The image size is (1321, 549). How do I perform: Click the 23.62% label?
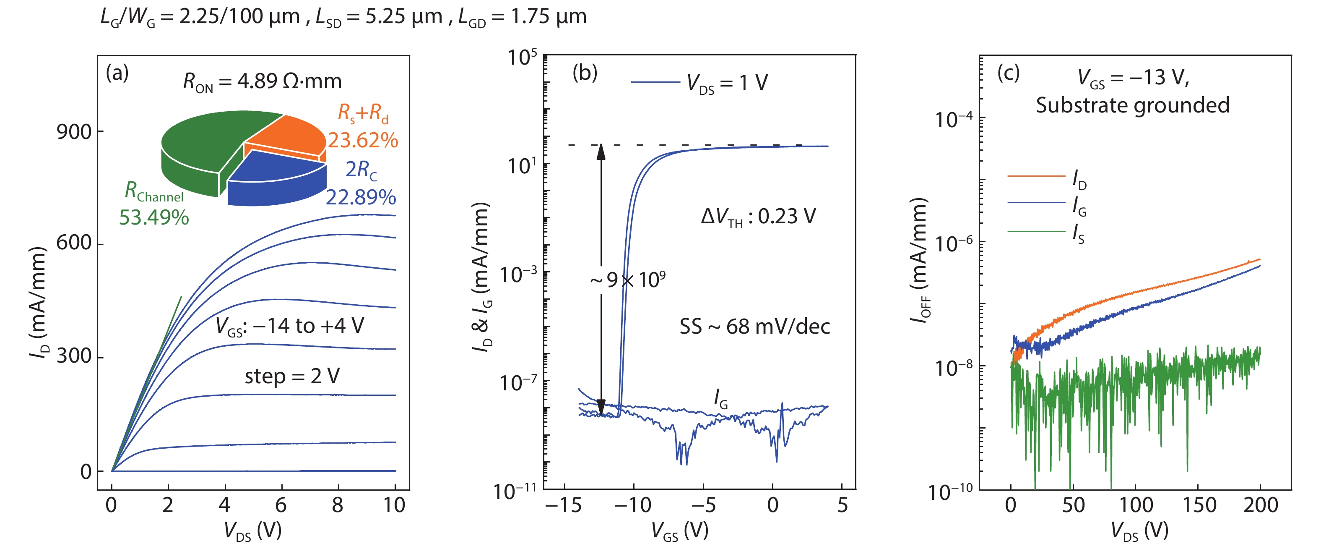click(x=363, y=141)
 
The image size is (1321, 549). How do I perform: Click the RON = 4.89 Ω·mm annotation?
click(x=262, y=81)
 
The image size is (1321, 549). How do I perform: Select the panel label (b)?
click(x=585, y=73)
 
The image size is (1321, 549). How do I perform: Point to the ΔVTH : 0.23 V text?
click(x=758, y=217)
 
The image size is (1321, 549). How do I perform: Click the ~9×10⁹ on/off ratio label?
click(x=628, y=280)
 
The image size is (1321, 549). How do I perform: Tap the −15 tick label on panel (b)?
click(x=563, y=505)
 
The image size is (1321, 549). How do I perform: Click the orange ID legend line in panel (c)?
click(x=1036, y=176)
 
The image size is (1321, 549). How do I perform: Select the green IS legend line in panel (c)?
click(x=1036, y=231)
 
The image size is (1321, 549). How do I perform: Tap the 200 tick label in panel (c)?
click(x=1260, y=505)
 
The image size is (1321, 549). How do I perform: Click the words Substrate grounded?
click(x=1132, y=105)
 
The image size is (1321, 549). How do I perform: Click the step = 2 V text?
click(x=292, y=376)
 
